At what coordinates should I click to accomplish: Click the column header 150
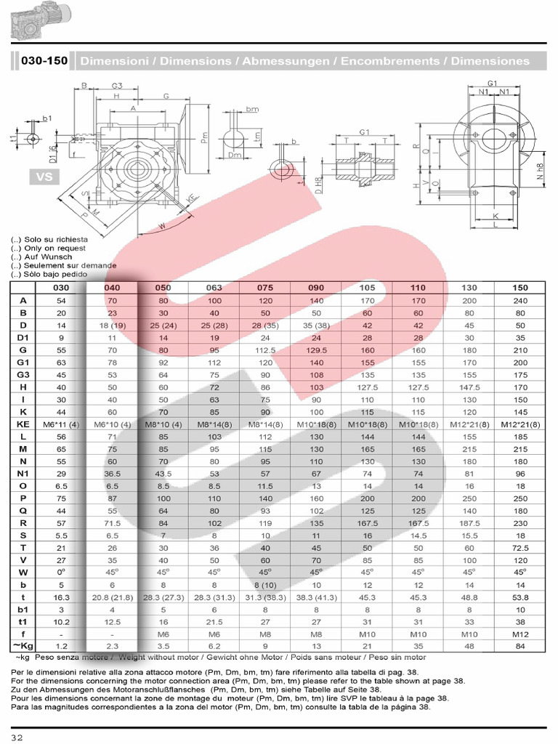pos(519,288)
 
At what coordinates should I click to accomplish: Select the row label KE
pos(24,424)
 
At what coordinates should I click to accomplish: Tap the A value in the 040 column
pos(111,300)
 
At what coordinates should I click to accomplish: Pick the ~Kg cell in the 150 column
pos(519,646)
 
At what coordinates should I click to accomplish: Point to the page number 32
pos(17,737)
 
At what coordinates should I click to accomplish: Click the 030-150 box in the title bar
pos(44,61)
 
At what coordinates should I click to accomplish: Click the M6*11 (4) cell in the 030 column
pos(62,424)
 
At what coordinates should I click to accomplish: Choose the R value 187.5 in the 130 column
pos(469,522)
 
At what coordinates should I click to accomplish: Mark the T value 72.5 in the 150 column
pos(519,547)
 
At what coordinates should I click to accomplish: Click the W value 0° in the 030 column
pos(62,572)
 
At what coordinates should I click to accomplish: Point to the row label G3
pos(24,374)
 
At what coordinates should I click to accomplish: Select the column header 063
pos(214,288)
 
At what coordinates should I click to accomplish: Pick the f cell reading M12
pos(519,634)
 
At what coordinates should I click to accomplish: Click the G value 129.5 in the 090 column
pos(316,349)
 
